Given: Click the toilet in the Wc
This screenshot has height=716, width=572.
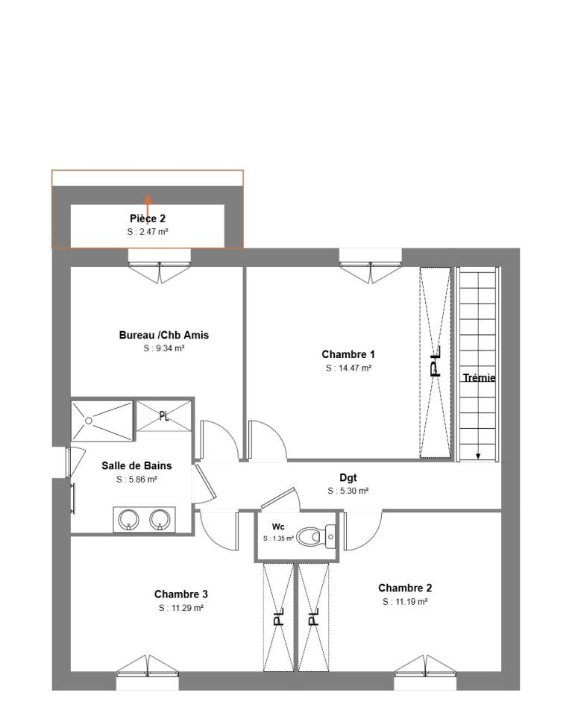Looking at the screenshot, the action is [x=316, y=536].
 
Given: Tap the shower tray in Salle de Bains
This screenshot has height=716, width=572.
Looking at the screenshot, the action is [x=102, y=421].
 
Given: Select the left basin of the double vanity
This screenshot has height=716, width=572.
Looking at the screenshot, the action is [x=128, y=519].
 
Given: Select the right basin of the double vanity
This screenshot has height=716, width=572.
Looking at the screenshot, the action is [x=160, y=519].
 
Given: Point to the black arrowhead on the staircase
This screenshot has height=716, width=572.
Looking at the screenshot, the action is [x=478, y=455].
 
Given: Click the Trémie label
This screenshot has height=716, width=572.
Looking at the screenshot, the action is [x=479, y=377].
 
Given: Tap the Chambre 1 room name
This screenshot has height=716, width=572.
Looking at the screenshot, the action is [x=348, y=354].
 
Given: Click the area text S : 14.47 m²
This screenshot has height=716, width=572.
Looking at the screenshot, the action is [x=348, y=368].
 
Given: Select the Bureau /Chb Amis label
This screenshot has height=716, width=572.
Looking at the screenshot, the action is [x=164, y=335].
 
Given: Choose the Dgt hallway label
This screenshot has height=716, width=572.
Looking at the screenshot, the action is [x=348, y=477].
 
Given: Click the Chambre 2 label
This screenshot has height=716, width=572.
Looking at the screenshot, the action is [x=405, y=588].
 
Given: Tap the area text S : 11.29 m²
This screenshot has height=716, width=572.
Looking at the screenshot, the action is [x=180, y=609].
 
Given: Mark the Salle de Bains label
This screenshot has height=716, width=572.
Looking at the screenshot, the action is [x=136, y=465].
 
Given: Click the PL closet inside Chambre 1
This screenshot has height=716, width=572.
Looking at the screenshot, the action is [x=436, y=362].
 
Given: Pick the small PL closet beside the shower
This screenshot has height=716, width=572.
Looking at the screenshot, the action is [x=164, y=415].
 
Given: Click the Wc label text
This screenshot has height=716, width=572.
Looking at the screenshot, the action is [x=278, y=527].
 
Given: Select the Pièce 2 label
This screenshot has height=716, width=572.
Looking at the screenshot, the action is [x=148, y=219].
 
